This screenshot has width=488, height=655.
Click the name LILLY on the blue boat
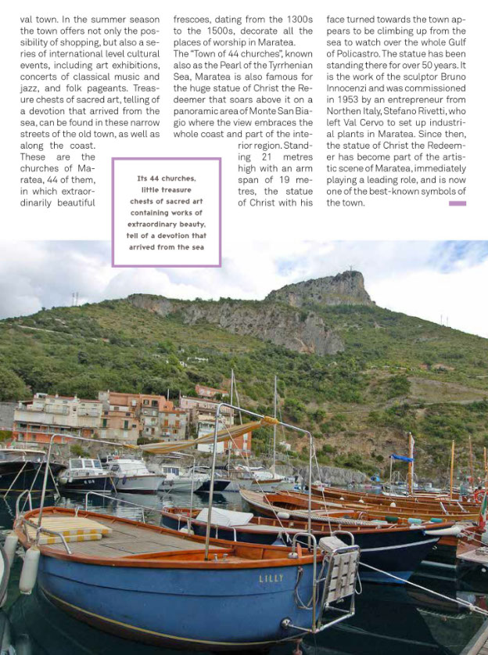(x=271, y=579)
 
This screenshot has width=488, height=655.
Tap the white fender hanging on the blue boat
(x=29, y=570)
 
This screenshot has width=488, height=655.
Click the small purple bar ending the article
(x=457, y=203)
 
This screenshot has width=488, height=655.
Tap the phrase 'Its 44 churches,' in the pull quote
(x=167, y=178)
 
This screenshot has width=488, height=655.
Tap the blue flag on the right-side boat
(x=402, y=459)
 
